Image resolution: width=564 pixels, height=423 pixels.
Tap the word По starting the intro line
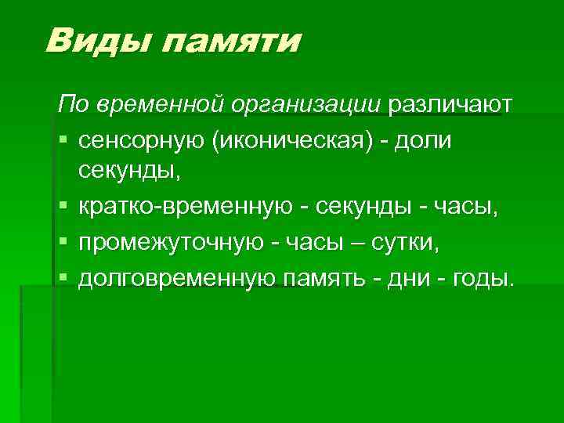coord(69,105)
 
